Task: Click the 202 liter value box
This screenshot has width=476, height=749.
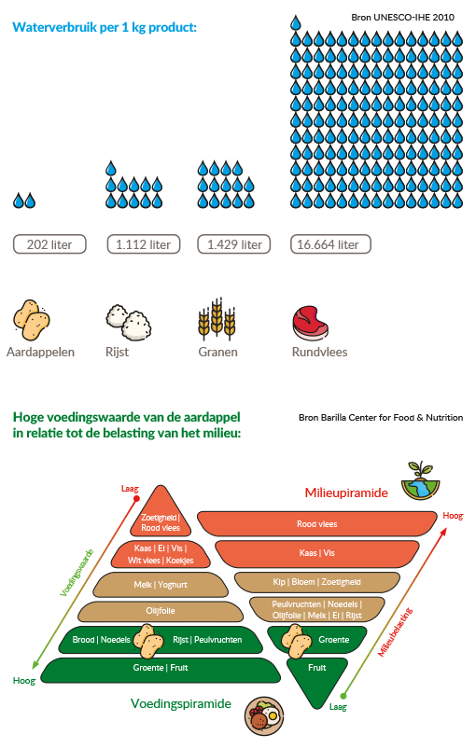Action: point(49,244)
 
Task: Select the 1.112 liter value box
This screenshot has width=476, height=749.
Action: point(144,244)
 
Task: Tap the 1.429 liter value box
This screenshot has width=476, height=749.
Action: point(234,244)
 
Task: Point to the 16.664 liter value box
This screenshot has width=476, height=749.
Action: point(330,244)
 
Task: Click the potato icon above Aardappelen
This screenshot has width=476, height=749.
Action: point(31,320)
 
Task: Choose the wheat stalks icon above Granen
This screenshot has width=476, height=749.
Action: point(217,318)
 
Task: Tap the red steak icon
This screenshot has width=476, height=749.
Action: point(310,324)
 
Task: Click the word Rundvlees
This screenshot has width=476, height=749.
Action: point(320,352)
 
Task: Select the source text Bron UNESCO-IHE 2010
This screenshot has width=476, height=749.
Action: point(402,17)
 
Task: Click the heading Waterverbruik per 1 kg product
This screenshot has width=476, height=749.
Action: point(105,27)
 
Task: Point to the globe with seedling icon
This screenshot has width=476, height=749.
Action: point(420,481)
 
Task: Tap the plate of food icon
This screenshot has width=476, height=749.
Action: point(264,715)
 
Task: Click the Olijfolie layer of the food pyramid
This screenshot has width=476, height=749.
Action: point(161,611)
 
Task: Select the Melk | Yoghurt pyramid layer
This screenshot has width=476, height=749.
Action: point(161,585)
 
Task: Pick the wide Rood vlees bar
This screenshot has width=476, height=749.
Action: point(317,524)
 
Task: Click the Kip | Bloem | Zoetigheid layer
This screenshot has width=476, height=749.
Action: point(317,582)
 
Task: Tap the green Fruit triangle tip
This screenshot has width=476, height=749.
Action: point(316,708)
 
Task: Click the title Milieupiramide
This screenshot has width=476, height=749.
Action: point(346,493)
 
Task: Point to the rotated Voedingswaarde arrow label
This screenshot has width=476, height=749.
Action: point(77,574)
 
